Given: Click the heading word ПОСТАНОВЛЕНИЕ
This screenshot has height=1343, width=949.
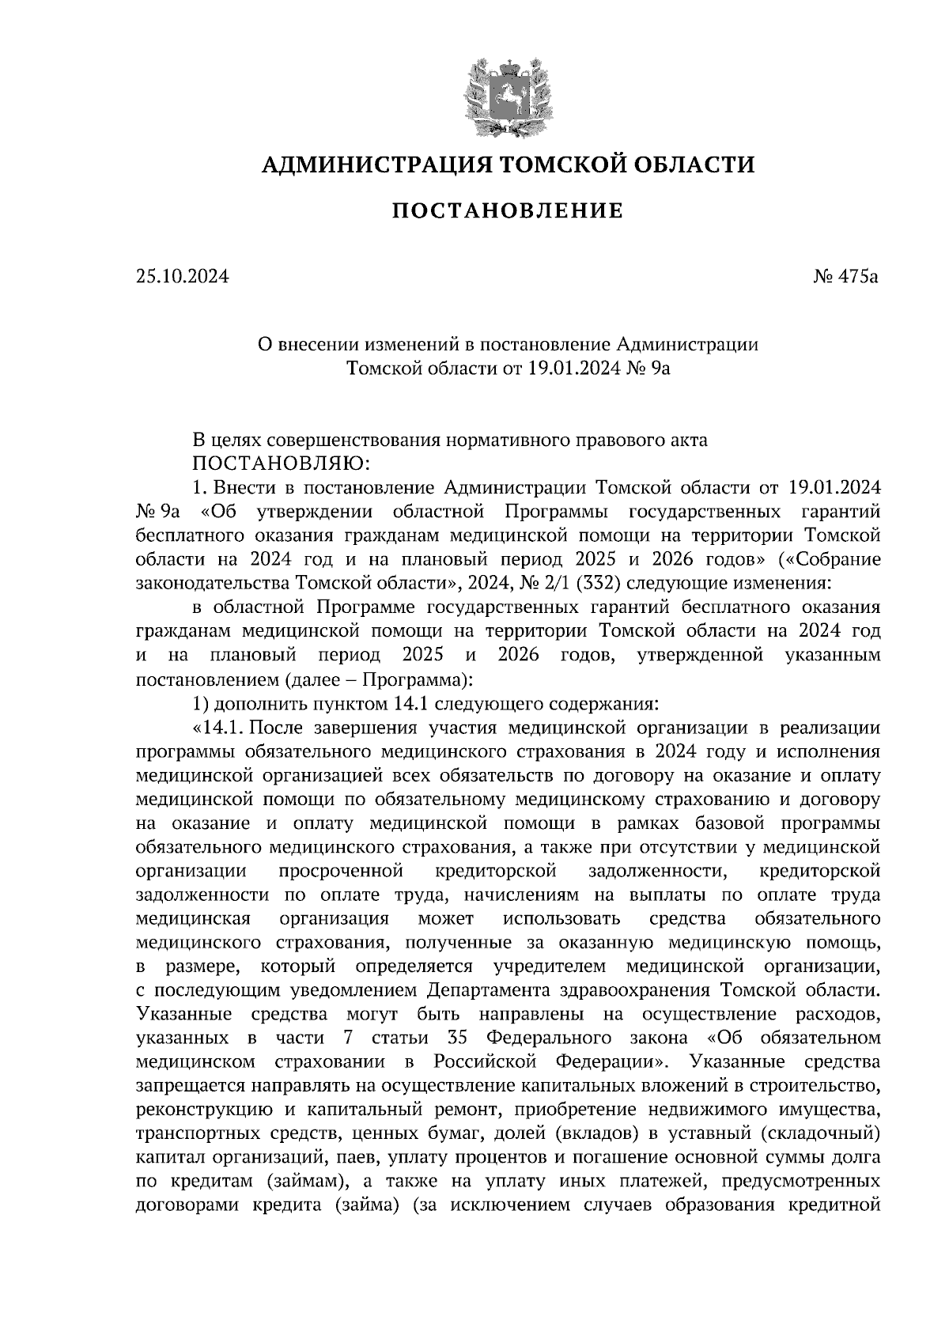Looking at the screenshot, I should click(x=508, y=211).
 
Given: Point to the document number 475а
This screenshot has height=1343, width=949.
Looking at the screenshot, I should click(x=856, y=277).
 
